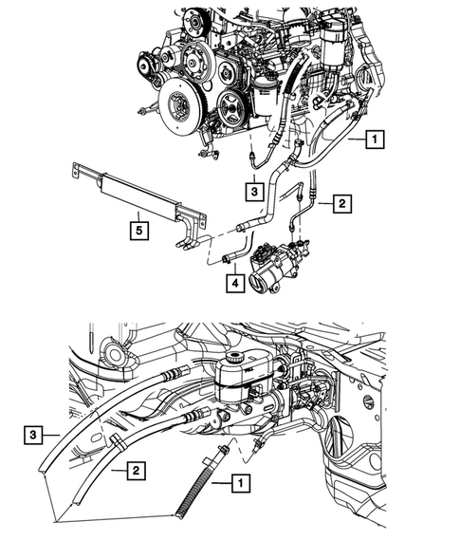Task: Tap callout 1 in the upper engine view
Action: click(376, 140)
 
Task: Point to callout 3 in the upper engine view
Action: click(254, 189)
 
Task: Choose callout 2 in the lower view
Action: click(137, 469)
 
